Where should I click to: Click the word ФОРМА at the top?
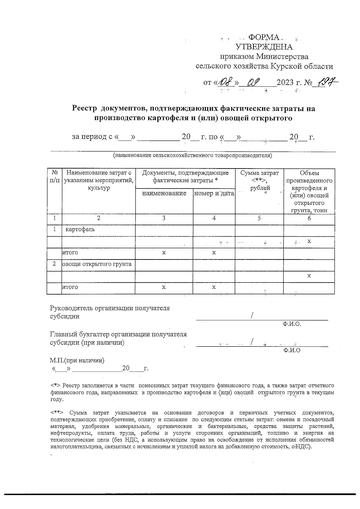[264, 37]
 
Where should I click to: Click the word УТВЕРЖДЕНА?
[264, 47]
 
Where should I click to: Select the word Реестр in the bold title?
[85, 108]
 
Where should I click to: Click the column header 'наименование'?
[164, 193]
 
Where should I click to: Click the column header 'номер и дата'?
[214, 193]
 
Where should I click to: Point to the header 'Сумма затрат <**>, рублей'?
[259, 180]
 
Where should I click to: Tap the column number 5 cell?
[259, 218]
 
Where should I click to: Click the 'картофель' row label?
[80, 229]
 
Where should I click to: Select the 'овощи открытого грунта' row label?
[97, 264]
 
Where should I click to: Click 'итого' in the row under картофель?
[70, 253]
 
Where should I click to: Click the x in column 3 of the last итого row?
[164, 287]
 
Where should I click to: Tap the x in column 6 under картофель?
[309, 241]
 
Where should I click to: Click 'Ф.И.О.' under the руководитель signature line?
[292, 324]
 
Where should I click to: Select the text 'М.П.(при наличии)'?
[77, 361]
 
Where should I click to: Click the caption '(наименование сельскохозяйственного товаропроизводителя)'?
[192, 155]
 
